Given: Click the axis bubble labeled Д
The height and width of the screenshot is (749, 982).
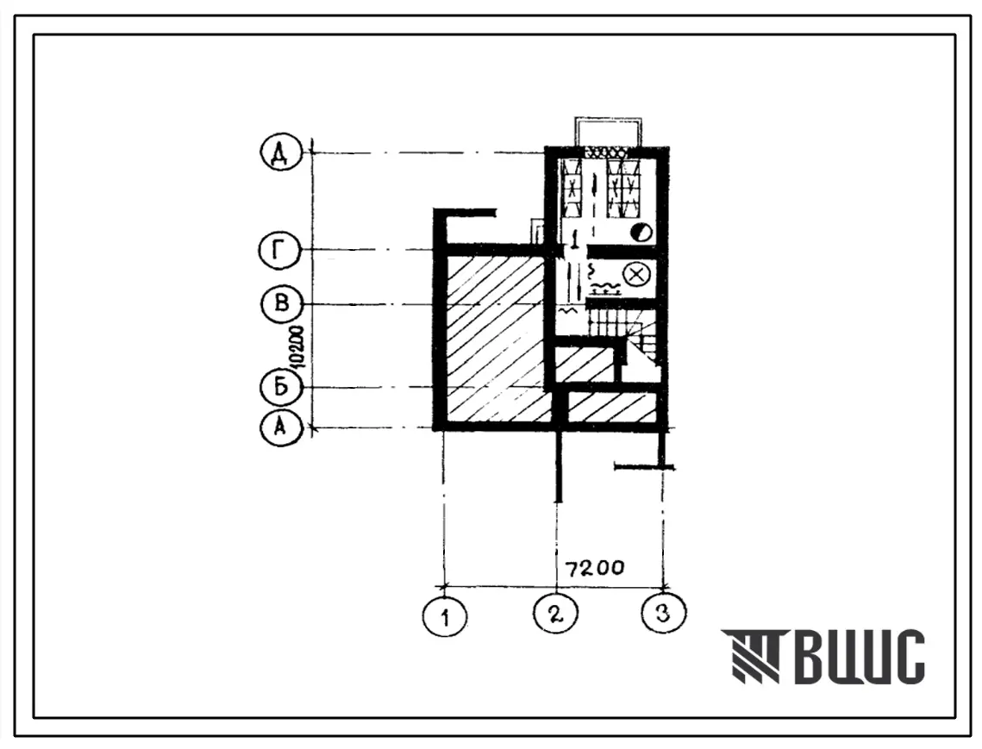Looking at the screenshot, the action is point(281,153).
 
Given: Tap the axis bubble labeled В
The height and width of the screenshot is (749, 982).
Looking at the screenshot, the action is point(282,304).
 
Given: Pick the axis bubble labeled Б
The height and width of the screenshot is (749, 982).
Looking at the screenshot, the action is point(281,387).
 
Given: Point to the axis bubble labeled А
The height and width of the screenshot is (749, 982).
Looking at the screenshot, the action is point(280,428).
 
